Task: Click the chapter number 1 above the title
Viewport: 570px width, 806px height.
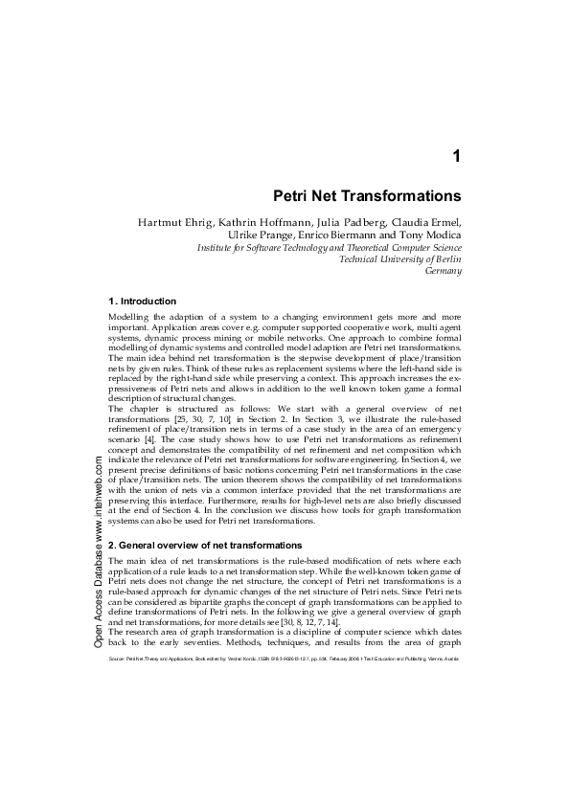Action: tap(457, 156)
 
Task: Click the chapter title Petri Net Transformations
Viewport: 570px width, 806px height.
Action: tap(368, 196)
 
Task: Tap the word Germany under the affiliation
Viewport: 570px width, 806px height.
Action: tap(443, 271)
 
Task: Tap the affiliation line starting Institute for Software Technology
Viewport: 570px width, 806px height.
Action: tap(330, 246)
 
